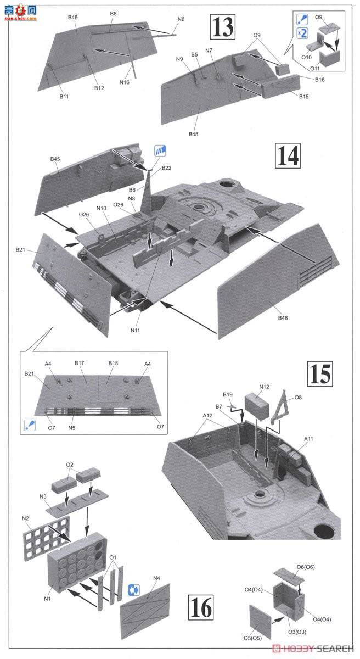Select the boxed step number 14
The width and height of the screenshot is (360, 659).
coord(288,155)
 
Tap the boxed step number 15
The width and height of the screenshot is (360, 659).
coord(319,373)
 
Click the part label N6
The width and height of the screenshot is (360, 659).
coord(181,19)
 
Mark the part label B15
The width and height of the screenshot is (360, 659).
coord(304,97)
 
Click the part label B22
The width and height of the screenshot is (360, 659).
coord(167,168)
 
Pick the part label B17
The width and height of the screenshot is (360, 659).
coord(80,363)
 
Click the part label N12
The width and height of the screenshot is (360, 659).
coord(265,387)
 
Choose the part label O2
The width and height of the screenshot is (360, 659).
coord(70,465)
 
